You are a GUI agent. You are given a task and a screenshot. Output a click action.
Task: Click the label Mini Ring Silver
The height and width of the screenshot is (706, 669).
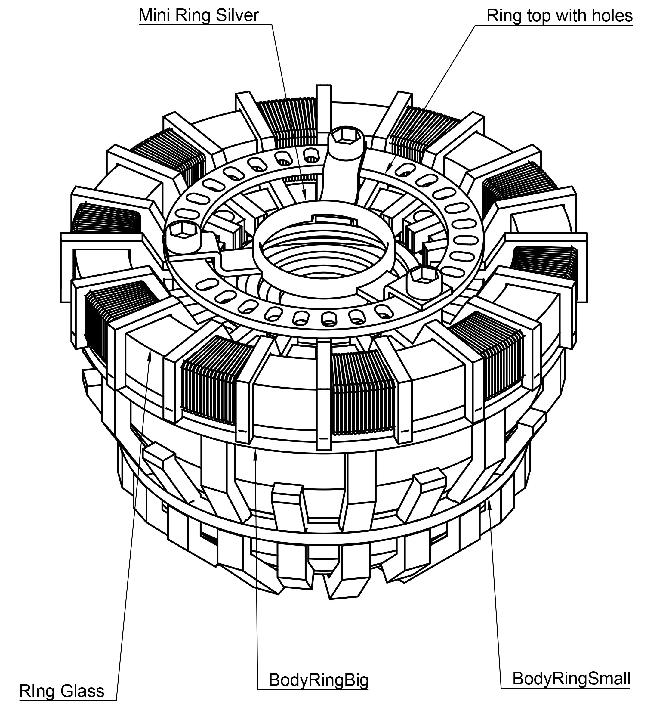point(199,16)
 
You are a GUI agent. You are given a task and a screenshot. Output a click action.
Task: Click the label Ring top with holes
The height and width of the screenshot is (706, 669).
point(559,16)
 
